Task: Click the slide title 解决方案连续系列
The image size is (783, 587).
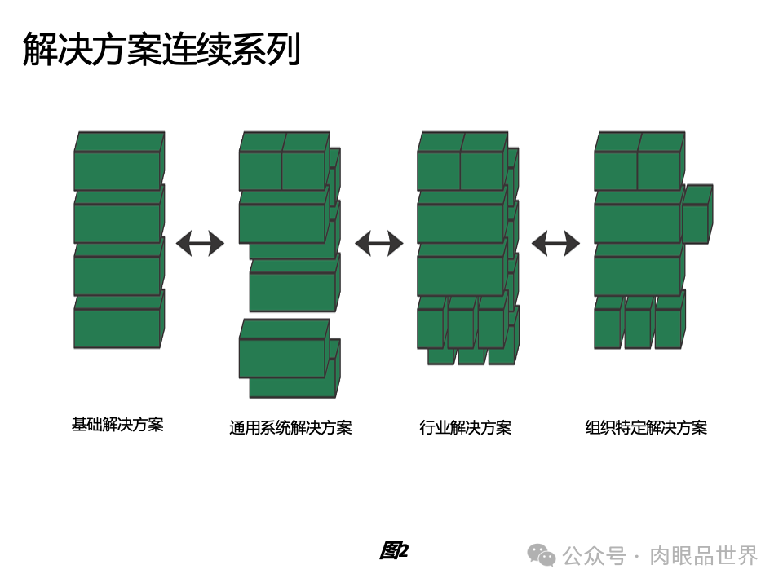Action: [x=161, y=49]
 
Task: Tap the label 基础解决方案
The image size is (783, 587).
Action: [x=117, y=425]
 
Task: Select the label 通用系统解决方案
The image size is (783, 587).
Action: [x=290, y=428]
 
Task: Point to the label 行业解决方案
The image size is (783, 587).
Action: [x=465, y=428]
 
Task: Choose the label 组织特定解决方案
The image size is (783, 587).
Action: [x=646, y=428]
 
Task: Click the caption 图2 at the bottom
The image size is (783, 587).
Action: [x=393, y=551]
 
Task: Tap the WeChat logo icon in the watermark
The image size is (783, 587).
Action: [x=541, y=555]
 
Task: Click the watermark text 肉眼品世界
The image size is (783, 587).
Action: [x=703, y=556]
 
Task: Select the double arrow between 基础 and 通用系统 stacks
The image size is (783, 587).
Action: [x=200, y=243]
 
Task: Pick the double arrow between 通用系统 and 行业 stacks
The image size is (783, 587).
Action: [x=378, y=243]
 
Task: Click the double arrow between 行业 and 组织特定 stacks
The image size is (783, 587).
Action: [x=555, y=243]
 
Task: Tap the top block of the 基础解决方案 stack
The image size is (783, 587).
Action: [x=117, y=170]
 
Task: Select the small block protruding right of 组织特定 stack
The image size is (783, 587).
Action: [x=695, y=223]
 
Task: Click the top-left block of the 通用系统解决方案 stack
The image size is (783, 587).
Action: [x=260, y=170]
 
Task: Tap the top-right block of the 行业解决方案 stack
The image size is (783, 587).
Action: [x=482, y=170]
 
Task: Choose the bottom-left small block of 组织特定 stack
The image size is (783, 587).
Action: [x=607, y=328]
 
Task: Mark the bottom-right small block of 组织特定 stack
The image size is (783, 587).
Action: [x=668, y=328]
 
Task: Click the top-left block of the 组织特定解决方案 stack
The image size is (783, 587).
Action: [x=615, y=170]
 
